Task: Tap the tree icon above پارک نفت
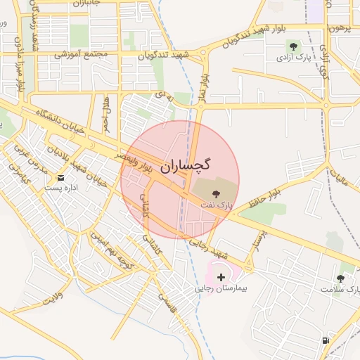pos(215,193)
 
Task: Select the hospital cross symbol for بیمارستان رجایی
pos(221,278)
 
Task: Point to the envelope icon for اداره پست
pos(60,177)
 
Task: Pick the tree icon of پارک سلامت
pos(340,278)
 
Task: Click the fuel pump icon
pos(325,340)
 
